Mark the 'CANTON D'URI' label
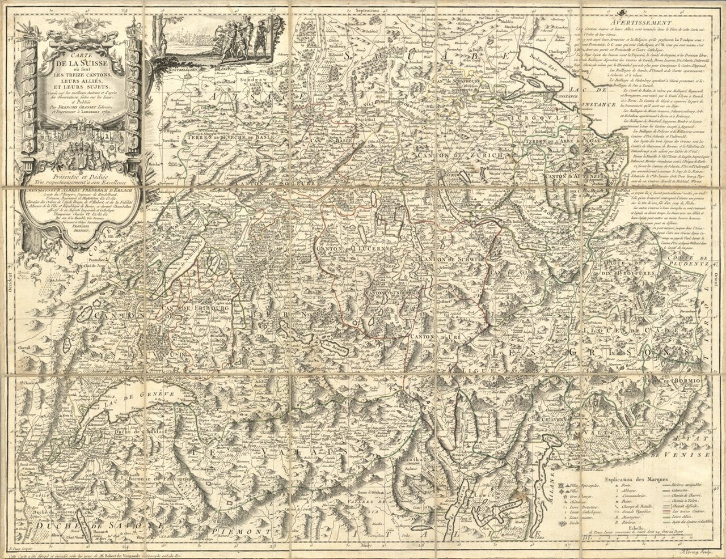[x=432, y=338]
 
